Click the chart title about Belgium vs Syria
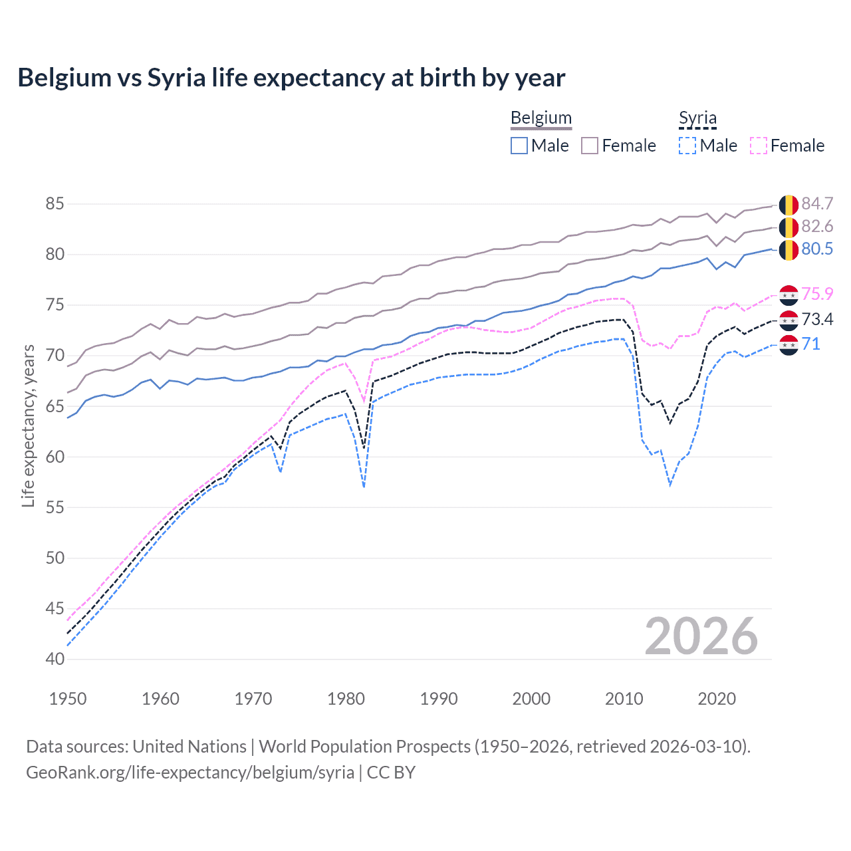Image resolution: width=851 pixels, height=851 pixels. coord(291,78)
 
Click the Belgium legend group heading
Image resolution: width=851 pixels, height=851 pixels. coord(541,118)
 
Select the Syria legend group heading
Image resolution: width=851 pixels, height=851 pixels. coord(697,118)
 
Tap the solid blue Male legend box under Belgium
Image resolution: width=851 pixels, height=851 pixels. coord(519,146)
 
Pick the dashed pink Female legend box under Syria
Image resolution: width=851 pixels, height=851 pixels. coord(759,146)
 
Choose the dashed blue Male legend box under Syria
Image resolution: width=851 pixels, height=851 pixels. coord(687,146)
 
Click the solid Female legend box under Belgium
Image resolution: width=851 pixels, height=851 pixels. coord(590,146)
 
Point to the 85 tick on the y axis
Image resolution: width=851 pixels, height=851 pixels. coord(55,203)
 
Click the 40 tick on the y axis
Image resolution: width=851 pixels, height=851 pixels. coord(55,659)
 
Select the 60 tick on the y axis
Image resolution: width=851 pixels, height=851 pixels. coord(55,457)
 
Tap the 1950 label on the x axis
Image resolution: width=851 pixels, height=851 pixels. coord(68,699)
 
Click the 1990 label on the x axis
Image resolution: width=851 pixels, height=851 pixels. coord(439,699)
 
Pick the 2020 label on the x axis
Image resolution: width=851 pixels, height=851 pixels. coord(717,699)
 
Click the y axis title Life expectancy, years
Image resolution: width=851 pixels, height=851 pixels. coord(28,425)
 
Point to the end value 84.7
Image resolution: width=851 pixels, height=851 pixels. coord(817,203)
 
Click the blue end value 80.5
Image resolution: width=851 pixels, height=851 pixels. coord(817,249)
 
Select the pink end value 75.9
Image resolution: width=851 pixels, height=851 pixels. coord(817,294)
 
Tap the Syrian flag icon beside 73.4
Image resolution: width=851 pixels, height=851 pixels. coord(789,320)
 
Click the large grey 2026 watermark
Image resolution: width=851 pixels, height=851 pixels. coord(701,636)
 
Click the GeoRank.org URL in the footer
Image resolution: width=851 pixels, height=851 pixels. coord(190,773)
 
